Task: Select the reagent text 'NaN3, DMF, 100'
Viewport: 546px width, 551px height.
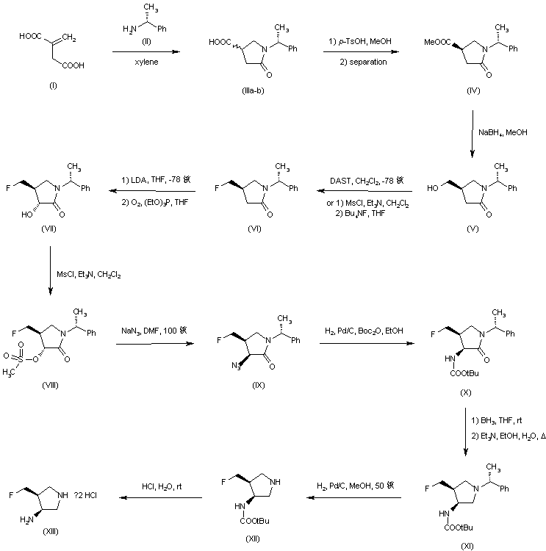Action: (x=151, y=331)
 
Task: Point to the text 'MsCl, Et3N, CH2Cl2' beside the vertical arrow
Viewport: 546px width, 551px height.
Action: (x=88, y=275)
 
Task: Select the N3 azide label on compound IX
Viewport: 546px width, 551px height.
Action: (x=237, y=365)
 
